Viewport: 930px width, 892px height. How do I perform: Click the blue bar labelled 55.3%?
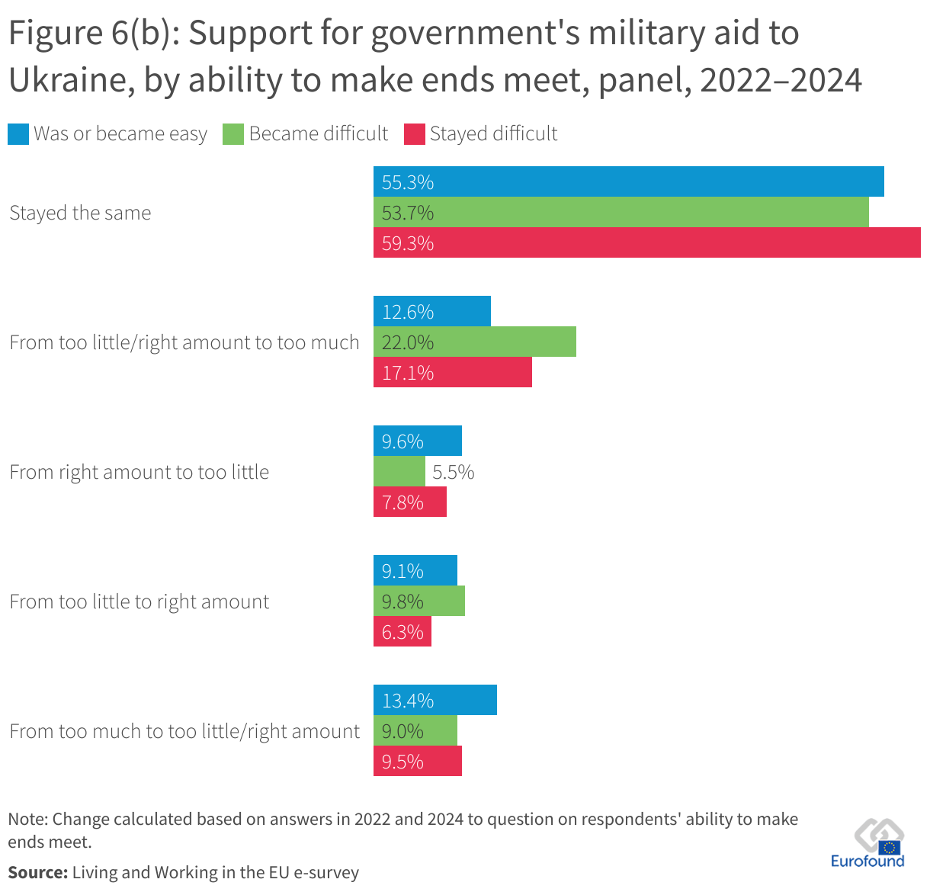pyautogui.click(x=628, y=181)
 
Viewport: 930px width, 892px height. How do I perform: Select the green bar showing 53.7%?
pyautogui.click(x=621, y=212)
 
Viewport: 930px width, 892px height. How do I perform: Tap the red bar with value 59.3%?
pyautogui.click(x=646, y=242)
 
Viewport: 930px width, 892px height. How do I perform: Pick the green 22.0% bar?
pyautogui.click(x=474, y=342)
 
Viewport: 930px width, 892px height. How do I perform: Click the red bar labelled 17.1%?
pyautogui.click(x=452, y=372)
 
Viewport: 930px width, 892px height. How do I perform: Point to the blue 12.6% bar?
pyautogui.click(x=431, y=311)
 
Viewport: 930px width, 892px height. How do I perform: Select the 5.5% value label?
pyautogui.click(x=453, y=472)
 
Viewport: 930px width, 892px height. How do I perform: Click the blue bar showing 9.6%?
pyautogui.click(x=417, y=441)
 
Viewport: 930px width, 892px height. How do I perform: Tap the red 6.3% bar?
pyautogui.click(x=402, y=631)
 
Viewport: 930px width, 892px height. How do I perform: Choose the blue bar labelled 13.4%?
pyautogui.click(x=435, y=700)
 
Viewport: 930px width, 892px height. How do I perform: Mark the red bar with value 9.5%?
pyautogui.click(x=417, y=761)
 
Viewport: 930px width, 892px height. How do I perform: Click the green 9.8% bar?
pyautogui.click(x=418, y=601)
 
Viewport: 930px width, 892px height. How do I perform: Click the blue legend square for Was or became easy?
pyautogui.click(x=18, y=134)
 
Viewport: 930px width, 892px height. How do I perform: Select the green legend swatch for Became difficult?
pyautogui.click(x=232, y=134)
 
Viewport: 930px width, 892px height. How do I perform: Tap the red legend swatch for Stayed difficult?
pyautogui.click(x=414, y=134)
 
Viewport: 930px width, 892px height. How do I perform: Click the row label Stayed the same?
pyautogui.click(x=80, y=213)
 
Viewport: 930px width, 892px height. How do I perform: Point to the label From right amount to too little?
pyautogui.click(x=139, y=472)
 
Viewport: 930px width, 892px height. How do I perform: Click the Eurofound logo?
pyautogui.click(x=867, y=845)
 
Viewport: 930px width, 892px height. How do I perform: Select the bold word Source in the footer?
pyautogui.click(x=37, y=872)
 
